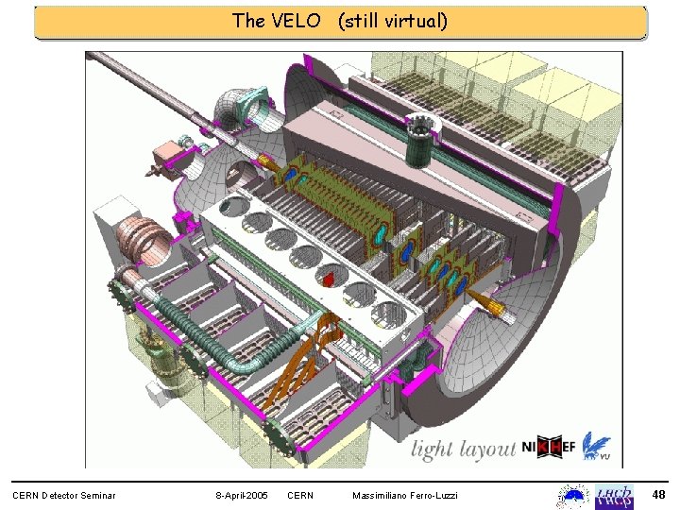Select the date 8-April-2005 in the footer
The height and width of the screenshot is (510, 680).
(241, 496)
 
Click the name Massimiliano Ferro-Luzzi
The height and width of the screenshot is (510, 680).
(404, 496)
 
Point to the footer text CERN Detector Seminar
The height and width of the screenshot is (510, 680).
(63, 496)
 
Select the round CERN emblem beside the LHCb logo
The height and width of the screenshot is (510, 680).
(573, 496)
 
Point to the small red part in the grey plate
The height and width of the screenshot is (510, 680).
(329, 280)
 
